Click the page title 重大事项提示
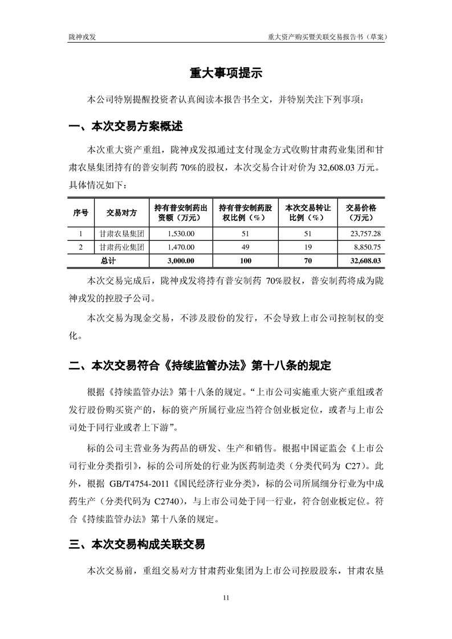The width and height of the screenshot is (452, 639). click(x=226, y=73)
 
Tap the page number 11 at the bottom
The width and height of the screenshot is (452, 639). click(x=226, y=597)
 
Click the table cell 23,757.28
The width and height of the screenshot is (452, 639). click(x=364, y=234)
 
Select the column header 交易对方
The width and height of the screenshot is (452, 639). click(x=121, y=212)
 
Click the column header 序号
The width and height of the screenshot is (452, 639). click(x=80, y=212)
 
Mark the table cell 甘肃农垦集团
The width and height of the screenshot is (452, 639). click(x=121, y=234)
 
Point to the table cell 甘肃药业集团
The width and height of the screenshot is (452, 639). click(x=121, y=247)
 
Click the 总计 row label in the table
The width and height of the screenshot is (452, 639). click(x=108, y=261)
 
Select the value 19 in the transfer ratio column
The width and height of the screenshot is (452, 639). click(x=307, y=247)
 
